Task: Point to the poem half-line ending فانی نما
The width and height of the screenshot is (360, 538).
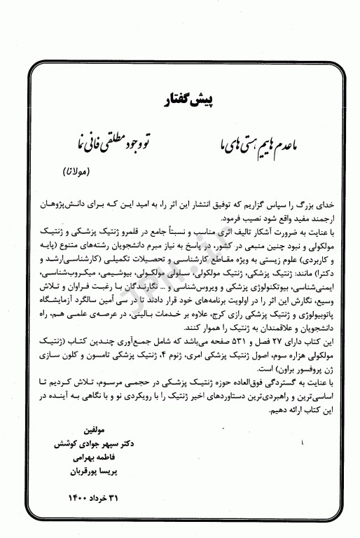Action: point(98,146)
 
